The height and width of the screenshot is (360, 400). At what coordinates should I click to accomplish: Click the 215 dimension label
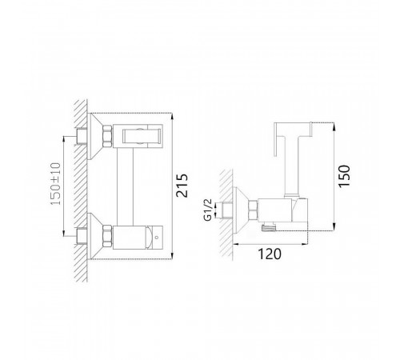pyautogui.click(x=182, y=186)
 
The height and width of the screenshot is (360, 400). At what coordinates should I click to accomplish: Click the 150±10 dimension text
pyautogui.click(x=56, y=184)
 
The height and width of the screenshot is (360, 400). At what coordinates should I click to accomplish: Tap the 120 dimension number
pyautogui.click(x=270, y=254)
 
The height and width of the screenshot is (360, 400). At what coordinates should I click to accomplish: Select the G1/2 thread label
pyautogui.click(x=208, y=210)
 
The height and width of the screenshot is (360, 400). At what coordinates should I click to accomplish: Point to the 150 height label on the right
pyautogui.click(x=344, y=176)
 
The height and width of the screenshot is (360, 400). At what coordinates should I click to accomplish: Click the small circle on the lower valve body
pyautogui.click(x=157, y=237)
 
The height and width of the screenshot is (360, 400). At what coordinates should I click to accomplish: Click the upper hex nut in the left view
pyautogui.click(x=107, y=136)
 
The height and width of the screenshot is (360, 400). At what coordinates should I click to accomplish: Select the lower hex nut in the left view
pyautogui.click(x=107, y=237)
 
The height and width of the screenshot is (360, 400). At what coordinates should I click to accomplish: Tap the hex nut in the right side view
pyautogui.click(x=253, y=210)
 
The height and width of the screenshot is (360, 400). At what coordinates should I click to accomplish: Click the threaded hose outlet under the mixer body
pyautogui.click(x=268, y=227)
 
